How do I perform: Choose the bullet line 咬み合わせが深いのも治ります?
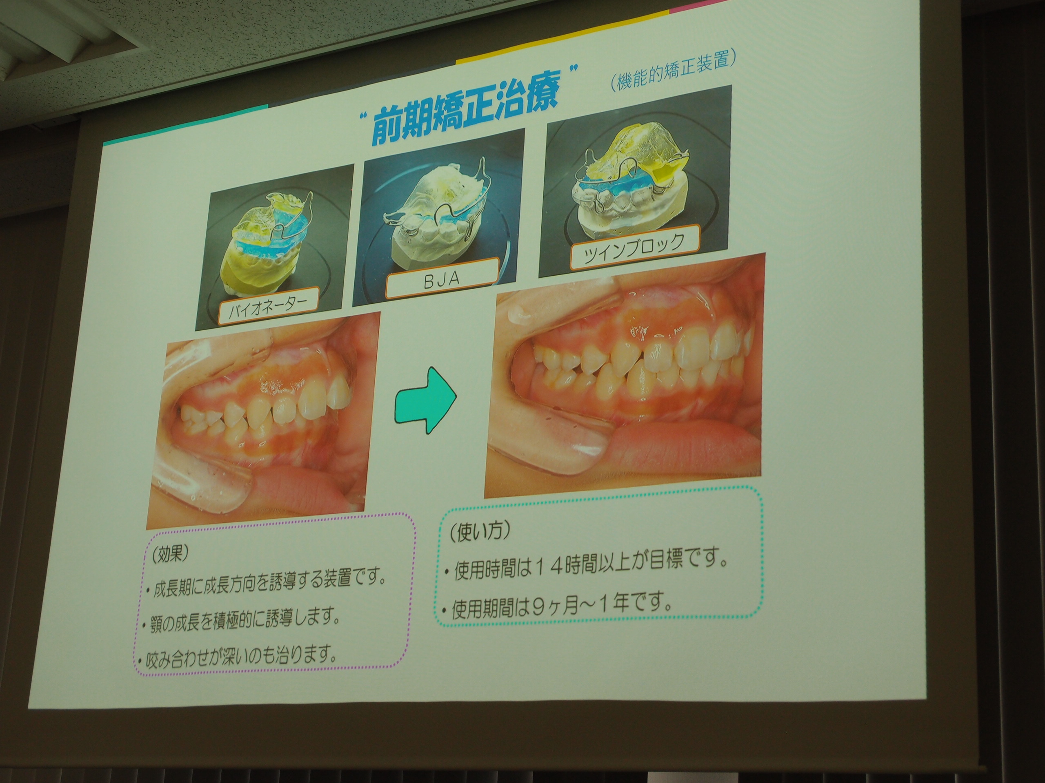[x=236, y=654]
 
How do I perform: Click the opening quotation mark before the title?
[x=363, y=115]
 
